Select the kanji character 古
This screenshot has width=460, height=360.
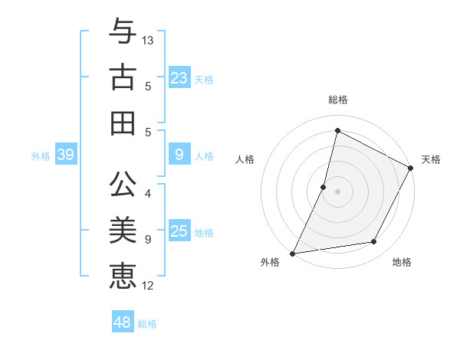[x=123, y=78]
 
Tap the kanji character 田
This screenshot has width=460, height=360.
[x=123, y=122]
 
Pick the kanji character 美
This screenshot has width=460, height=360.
[x=123, y=231]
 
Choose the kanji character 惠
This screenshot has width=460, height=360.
[x=123, y=274]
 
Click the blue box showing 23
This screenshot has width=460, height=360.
[x=179, y=78]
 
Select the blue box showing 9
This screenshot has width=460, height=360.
[x=179, y=155]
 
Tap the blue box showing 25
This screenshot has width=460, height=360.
[x=179, y=231]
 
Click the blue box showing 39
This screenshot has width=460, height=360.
[x=66, y=155]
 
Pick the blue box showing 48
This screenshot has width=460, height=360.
[x=123, y=322]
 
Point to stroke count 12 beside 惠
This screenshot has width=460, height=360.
[x=148, y=286]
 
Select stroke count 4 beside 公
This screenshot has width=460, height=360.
[x=148, y=193]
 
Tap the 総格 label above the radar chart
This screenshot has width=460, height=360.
[x=337, y=100]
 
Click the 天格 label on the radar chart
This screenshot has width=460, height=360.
[x=431, y=159]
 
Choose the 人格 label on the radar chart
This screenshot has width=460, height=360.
[x=245, y=159]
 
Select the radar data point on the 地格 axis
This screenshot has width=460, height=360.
[x=374, y=242]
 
